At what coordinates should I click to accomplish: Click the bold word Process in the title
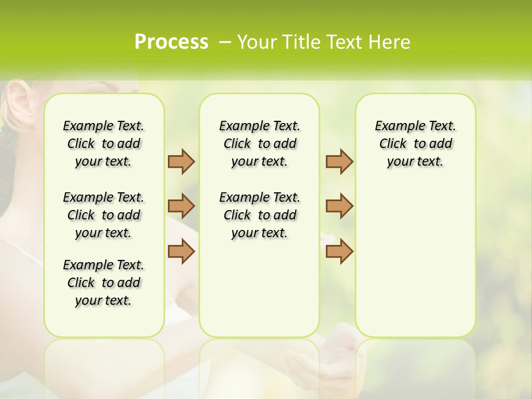click(x=171, y=42)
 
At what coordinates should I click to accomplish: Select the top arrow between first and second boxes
click(x=181, y=161)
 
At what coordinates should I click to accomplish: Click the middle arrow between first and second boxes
click(x=181, y=206)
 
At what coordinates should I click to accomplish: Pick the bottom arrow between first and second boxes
click(x=181, y=251)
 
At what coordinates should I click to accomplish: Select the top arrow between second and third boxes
click(x=339, y=161)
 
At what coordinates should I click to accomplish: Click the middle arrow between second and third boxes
click(x=339, y=206)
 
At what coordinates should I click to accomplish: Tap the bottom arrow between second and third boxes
click(x=339, y=251)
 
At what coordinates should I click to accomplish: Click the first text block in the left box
click(x=104, y=144)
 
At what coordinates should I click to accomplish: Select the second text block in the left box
click(x=104, y=215)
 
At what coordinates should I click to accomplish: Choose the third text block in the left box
click(x=104, y=283)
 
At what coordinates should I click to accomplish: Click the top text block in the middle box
click(x=259, y=144)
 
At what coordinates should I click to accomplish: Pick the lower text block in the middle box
click(x=259, y=215)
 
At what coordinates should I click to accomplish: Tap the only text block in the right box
click(x=415, y=144)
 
